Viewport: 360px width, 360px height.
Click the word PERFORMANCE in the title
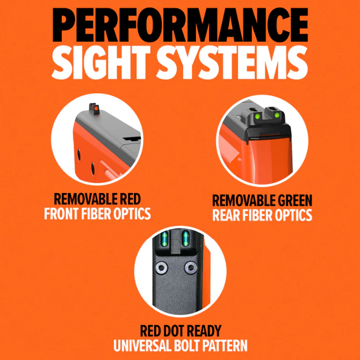click(180, 25)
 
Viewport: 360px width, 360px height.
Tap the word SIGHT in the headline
click(101, 62)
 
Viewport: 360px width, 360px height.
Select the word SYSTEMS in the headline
click(232, 62)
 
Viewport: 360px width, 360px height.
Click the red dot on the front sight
click(96, 108)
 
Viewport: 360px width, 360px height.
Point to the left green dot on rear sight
click(257, 116)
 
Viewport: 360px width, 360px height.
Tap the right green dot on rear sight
click(277, 115)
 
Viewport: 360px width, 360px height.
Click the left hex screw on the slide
click(161, 268)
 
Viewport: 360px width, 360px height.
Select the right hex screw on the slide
click(191, 268)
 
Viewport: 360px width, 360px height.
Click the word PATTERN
click(226, 345)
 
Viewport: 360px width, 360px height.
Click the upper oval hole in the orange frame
click(79, 155)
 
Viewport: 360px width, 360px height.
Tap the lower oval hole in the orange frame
click(93, 169)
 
